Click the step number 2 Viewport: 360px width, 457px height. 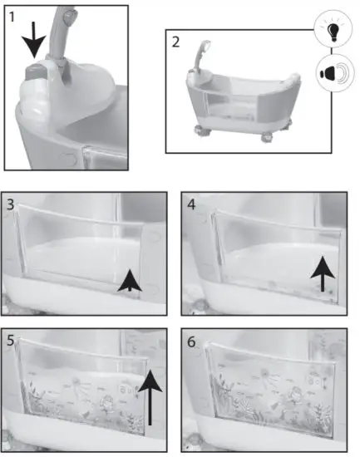pos(175,42)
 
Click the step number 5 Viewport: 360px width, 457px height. pos(10,341)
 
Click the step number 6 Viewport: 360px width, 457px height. pos(191,341)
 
